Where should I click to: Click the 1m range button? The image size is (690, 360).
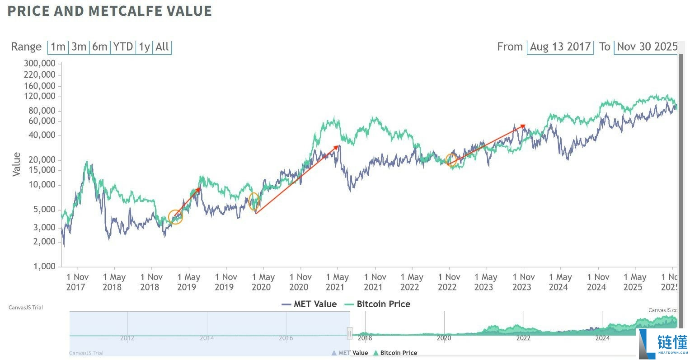58,47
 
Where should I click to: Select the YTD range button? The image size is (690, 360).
123,47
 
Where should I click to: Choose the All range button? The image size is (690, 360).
162,47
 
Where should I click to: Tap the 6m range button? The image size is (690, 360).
100,47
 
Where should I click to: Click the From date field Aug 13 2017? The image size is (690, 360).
560,47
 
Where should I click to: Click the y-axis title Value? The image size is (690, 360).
17,164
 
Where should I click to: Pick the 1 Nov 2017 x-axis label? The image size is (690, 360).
77,282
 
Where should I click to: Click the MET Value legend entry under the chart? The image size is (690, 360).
310,304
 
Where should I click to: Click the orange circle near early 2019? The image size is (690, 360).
175,217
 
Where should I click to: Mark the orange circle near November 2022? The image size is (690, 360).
451,159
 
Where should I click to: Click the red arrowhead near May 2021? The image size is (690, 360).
337,147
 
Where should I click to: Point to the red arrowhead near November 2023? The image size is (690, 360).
523,126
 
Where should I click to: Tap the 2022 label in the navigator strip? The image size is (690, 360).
523,338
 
